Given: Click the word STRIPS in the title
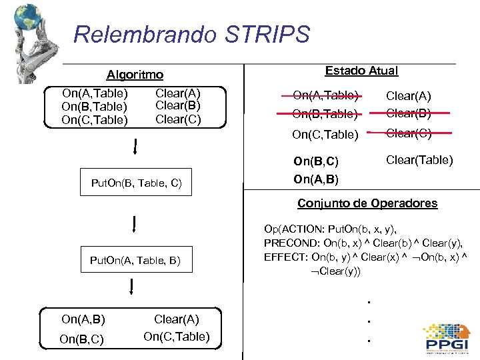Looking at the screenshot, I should pyautogui.click(x=273, y=34).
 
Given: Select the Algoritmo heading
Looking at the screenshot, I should pyautogui.click(x=135, y=75).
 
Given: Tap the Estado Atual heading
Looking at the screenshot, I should pyautogui.click(x=361, y=71).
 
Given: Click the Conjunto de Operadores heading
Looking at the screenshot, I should pyautogui.click(x=367, y=203).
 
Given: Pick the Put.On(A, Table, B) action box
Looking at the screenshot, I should pyautogui.click(x=135, y=260).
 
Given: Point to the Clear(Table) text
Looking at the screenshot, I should pyautogui.click(x=419, y=160).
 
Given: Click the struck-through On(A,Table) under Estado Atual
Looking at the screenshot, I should pyautogui.click(x=325, y=95).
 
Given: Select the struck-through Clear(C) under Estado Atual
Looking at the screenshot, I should pyautogui.click(x=409, y=133).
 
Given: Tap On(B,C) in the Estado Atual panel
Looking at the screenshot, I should pyautogui.click(x=316, y=161).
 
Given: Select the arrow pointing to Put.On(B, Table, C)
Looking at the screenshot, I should pyautogui.click(x=135, y=147).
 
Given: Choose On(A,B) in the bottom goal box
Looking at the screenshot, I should pyautogui.click(x=83, y=319).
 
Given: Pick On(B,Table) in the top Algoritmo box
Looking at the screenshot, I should pyautogui.click(x=94, y=107).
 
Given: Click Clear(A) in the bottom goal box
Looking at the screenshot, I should pyautogui.click(x=177, y=319).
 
